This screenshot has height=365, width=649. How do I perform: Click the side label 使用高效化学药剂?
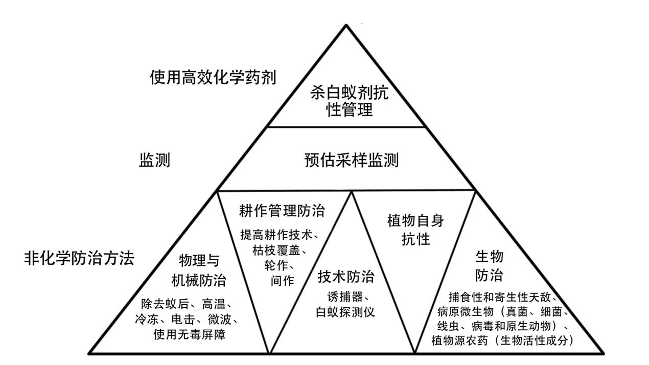point(213,77)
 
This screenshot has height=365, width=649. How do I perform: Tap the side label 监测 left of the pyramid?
point(154,160)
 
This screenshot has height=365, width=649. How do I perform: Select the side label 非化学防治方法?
point(79,258)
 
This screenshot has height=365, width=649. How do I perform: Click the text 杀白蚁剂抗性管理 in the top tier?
point(349,101)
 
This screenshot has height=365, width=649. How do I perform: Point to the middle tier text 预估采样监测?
point(352,160)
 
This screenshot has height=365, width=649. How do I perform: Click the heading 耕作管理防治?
point(282,211)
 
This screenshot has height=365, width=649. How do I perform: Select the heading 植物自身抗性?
point(415,230)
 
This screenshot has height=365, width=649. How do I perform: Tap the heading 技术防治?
point(346,276)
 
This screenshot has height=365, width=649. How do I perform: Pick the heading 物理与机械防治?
point(199,270)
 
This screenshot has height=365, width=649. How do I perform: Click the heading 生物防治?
point(489,266)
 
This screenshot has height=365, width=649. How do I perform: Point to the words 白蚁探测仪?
point(345,312)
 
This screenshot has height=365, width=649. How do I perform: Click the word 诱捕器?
point(345,297)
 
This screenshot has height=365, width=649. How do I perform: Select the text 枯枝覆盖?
point(276,250)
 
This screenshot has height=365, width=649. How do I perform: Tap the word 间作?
point(283,281)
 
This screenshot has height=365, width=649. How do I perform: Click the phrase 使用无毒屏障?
point(190,334)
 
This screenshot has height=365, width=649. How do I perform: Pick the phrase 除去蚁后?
point(165,304)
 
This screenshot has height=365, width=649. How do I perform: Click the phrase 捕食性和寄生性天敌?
point(499,297)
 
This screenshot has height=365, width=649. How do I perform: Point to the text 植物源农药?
point(459,340)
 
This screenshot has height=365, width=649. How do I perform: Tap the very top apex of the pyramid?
point(346,25)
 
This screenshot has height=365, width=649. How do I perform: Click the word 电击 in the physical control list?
point(183,320)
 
